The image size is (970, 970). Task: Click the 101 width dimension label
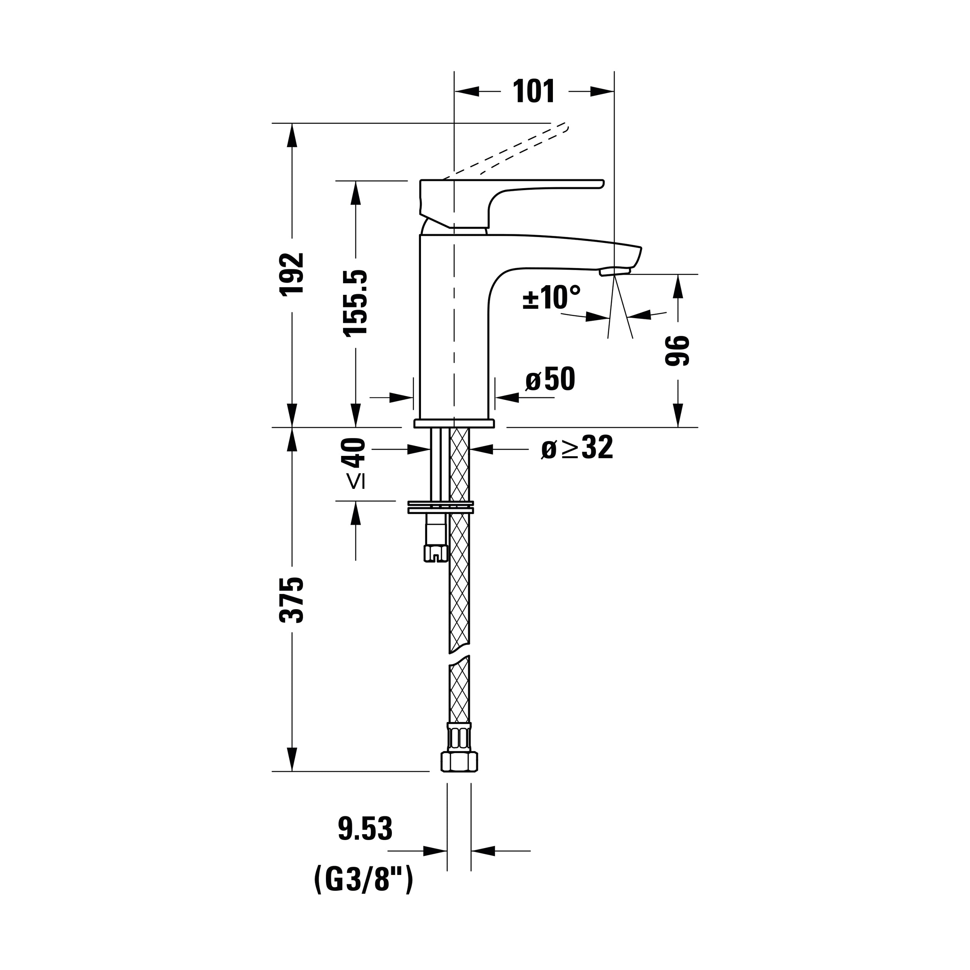tap(534, 92)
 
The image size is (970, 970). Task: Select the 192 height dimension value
tap(292, 274)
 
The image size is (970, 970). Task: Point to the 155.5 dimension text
tap(355, 302)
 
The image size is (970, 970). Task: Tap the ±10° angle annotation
tap(551, 297)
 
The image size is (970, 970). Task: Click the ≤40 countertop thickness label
tap(355, 463)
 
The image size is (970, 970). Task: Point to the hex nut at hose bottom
tap(459, 775)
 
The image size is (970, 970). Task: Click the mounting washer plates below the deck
tap(440, 507)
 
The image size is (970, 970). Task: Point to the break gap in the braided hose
tap(459, 658)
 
